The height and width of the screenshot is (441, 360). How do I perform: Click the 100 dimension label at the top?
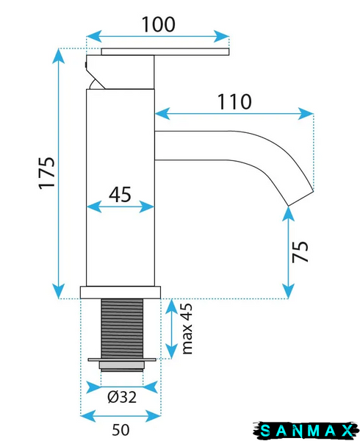(x=159, y=24)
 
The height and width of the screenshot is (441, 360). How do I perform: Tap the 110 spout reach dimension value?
(x=234, y=101)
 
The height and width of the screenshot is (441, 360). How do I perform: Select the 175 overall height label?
(x=47, y=173)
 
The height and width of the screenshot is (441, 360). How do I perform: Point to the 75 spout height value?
(x=300, y=251)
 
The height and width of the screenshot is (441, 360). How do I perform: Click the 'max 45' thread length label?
(x=187, y=329)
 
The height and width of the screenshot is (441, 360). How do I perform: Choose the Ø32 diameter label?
(x=122, y=397)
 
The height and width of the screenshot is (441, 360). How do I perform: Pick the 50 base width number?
(x=120, y=430)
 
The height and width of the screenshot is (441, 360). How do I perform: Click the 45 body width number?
(x=120, y=195)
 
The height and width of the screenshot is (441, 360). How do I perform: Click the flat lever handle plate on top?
(x=165, y=51)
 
